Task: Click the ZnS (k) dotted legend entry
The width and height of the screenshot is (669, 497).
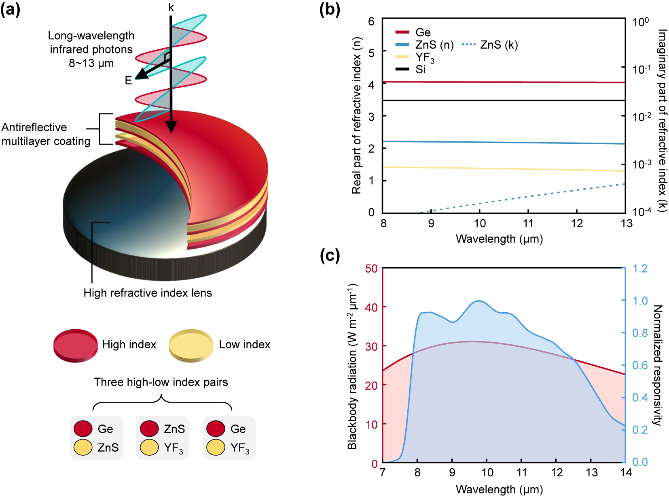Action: [490, 45]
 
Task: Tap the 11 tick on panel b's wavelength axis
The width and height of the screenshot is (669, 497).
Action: [528, 224]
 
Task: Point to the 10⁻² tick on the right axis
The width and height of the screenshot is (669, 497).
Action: [642, 117]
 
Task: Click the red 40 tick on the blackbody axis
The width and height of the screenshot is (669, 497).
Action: [371, 307]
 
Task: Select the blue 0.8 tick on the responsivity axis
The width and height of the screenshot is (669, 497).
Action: [639, 333]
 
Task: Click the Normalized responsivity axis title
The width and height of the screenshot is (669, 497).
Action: [658, 365]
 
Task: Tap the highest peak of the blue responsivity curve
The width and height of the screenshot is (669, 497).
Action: [479, 301]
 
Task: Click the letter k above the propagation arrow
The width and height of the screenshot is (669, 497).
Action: [171, 8]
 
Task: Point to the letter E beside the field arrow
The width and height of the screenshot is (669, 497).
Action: [128, 81]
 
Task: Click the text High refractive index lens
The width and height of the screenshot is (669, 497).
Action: [148, 293]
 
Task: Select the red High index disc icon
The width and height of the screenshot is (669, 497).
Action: [76, 345]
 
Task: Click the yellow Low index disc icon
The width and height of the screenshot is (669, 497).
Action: [191, 345]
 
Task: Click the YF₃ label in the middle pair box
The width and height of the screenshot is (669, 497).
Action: [174, 448]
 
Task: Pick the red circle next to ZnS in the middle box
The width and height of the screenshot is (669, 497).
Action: [149, 429]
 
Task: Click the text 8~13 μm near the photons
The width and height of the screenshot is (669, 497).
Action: [91, 63]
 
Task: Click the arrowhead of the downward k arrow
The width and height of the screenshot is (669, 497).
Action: [171, 127]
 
